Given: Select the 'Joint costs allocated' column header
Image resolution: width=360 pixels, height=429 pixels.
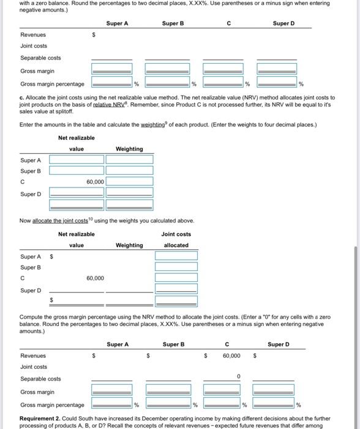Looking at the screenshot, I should (x=176, y=239).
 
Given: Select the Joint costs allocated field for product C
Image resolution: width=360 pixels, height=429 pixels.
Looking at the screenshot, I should (x=176, y=278).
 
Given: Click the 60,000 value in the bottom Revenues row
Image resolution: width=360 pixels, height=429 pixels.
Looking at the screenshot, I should (x=231, y=355).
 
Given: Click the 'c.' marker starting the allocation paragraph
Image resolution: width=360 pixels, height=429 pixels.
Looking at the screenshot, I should (x=23, y=98).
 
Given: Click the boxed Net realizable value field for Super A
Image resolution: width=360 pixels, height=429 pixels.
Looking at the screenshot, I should (x=77, y=159).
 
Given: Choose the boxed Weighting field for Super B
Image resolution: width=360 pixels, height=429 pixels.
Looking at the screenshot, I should (x=129, y=170).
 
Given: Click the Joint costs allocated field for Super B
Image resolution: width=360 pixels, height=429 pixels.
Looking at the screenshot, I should (x=176, y=267).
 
